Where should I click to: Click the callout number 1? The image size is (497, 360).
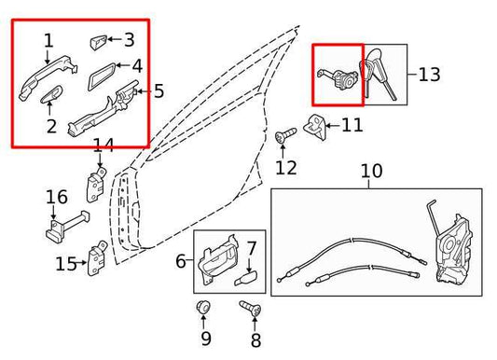48,40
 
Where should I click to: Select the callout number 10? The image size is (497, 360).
371,172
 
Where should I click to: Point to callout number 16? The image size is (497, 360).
57,197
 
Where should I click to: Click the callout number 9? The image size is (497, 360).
206,339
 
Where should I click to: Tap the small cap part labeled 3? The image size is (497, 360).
100,41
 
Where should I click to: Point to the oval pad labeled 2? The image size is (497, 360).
53,96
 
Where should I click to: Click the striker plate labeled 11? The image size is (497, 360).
315,126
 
